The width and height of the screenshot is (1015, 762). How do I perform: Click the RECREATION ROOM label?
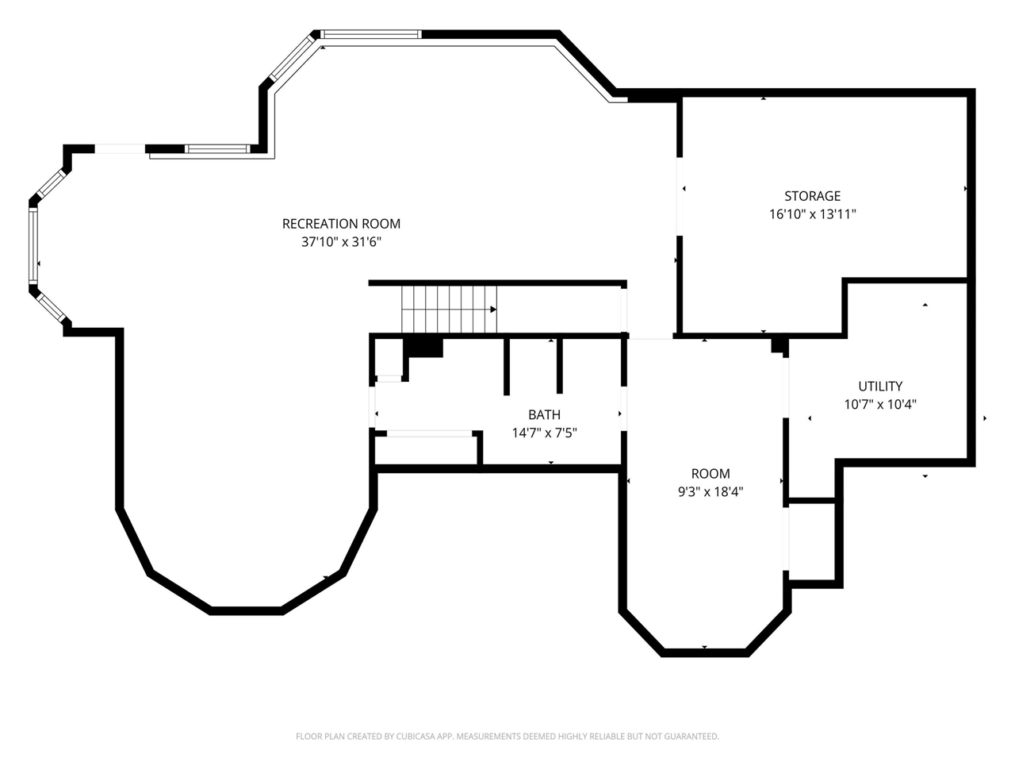click(x=341, y=224)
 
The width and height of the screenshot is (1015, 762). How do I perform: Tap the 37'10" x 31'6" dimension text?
click(x=341, y=242)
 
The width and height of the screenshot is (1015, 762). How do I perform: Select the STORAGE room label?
click(x=812, y=196)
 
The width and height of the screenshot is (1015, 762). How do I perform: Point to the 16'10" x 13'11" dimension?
click(x=812, y=214)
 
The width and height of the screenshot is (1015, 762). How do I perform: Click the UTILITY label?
click(x=880, y=387)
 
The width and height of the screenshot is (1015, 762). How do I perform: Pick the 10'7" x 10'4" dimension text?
click(x=880, y=404)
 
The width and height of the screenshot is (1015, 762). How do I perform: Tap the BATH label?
click(x=544, y=414)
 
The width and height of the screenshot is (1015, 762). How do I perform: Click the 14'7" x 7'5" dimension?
click(x=544, y=433)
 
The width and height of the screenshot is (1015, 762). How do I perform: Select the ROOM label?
click(x=710, y=474)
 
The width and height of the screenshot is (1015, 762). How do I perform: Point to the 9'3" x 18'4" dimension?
click(x=710, y=492)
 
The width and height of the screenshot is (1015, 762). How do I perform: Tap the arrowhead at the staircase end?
click(x=493, y=310)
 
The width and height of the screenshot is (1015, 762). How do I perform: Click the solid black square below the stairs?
click(x=423, y=347)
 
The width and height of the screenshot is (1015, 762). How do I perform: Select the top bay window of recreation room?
click(x=370, y=34)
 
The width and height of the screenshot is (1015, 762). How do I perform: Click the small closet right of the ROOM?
click(x=813, y=542)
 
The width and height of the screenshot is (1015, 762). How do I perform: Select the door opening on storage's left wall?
click(x=679, y=196)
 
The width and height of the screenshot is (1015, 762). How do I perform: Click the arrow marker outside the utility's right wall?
click(x=985, y=418)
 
